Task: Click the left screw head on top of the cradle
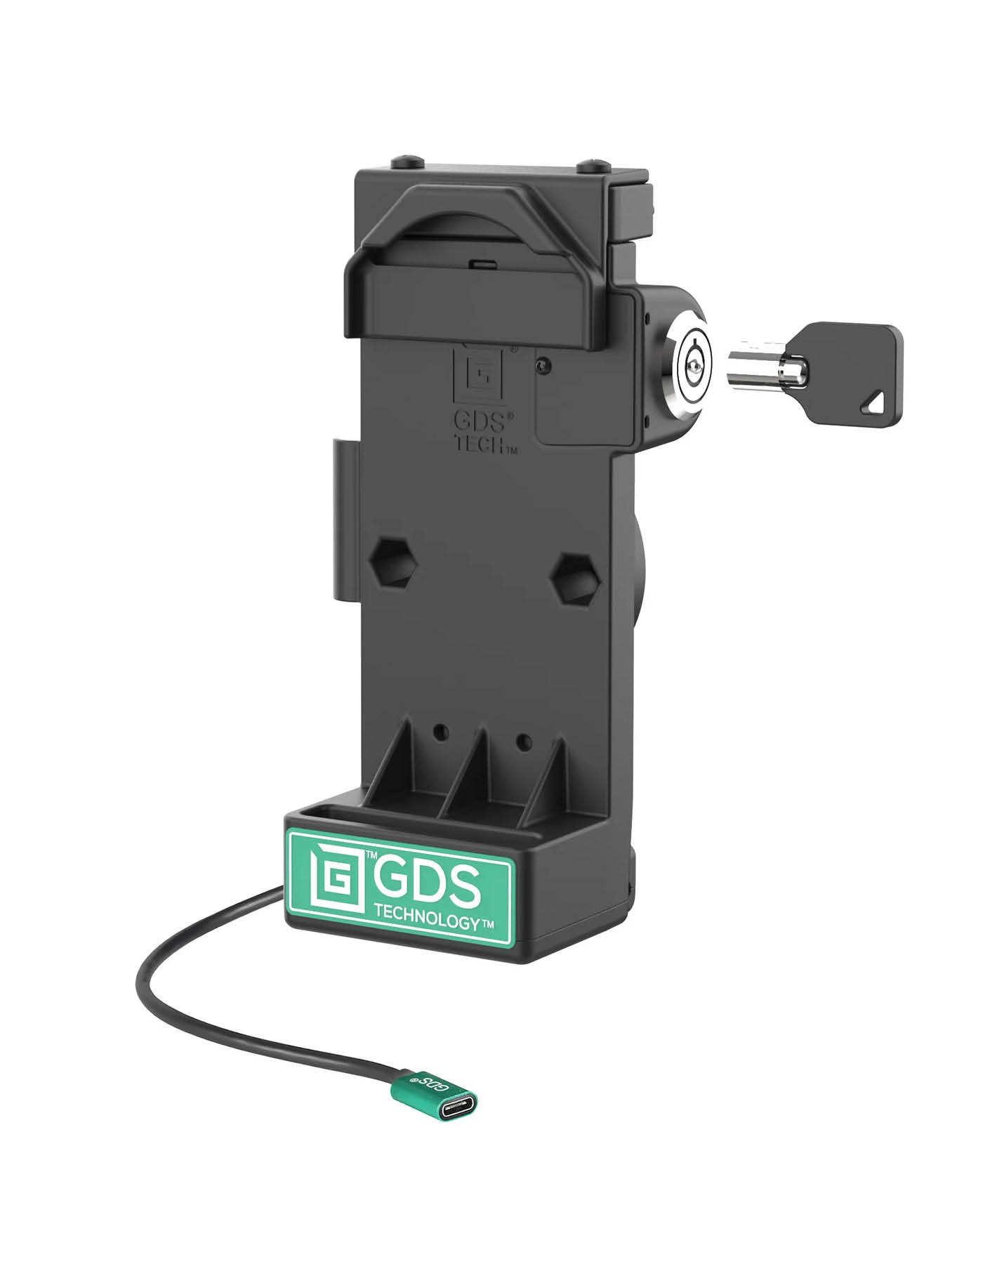tap(409, 161)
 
